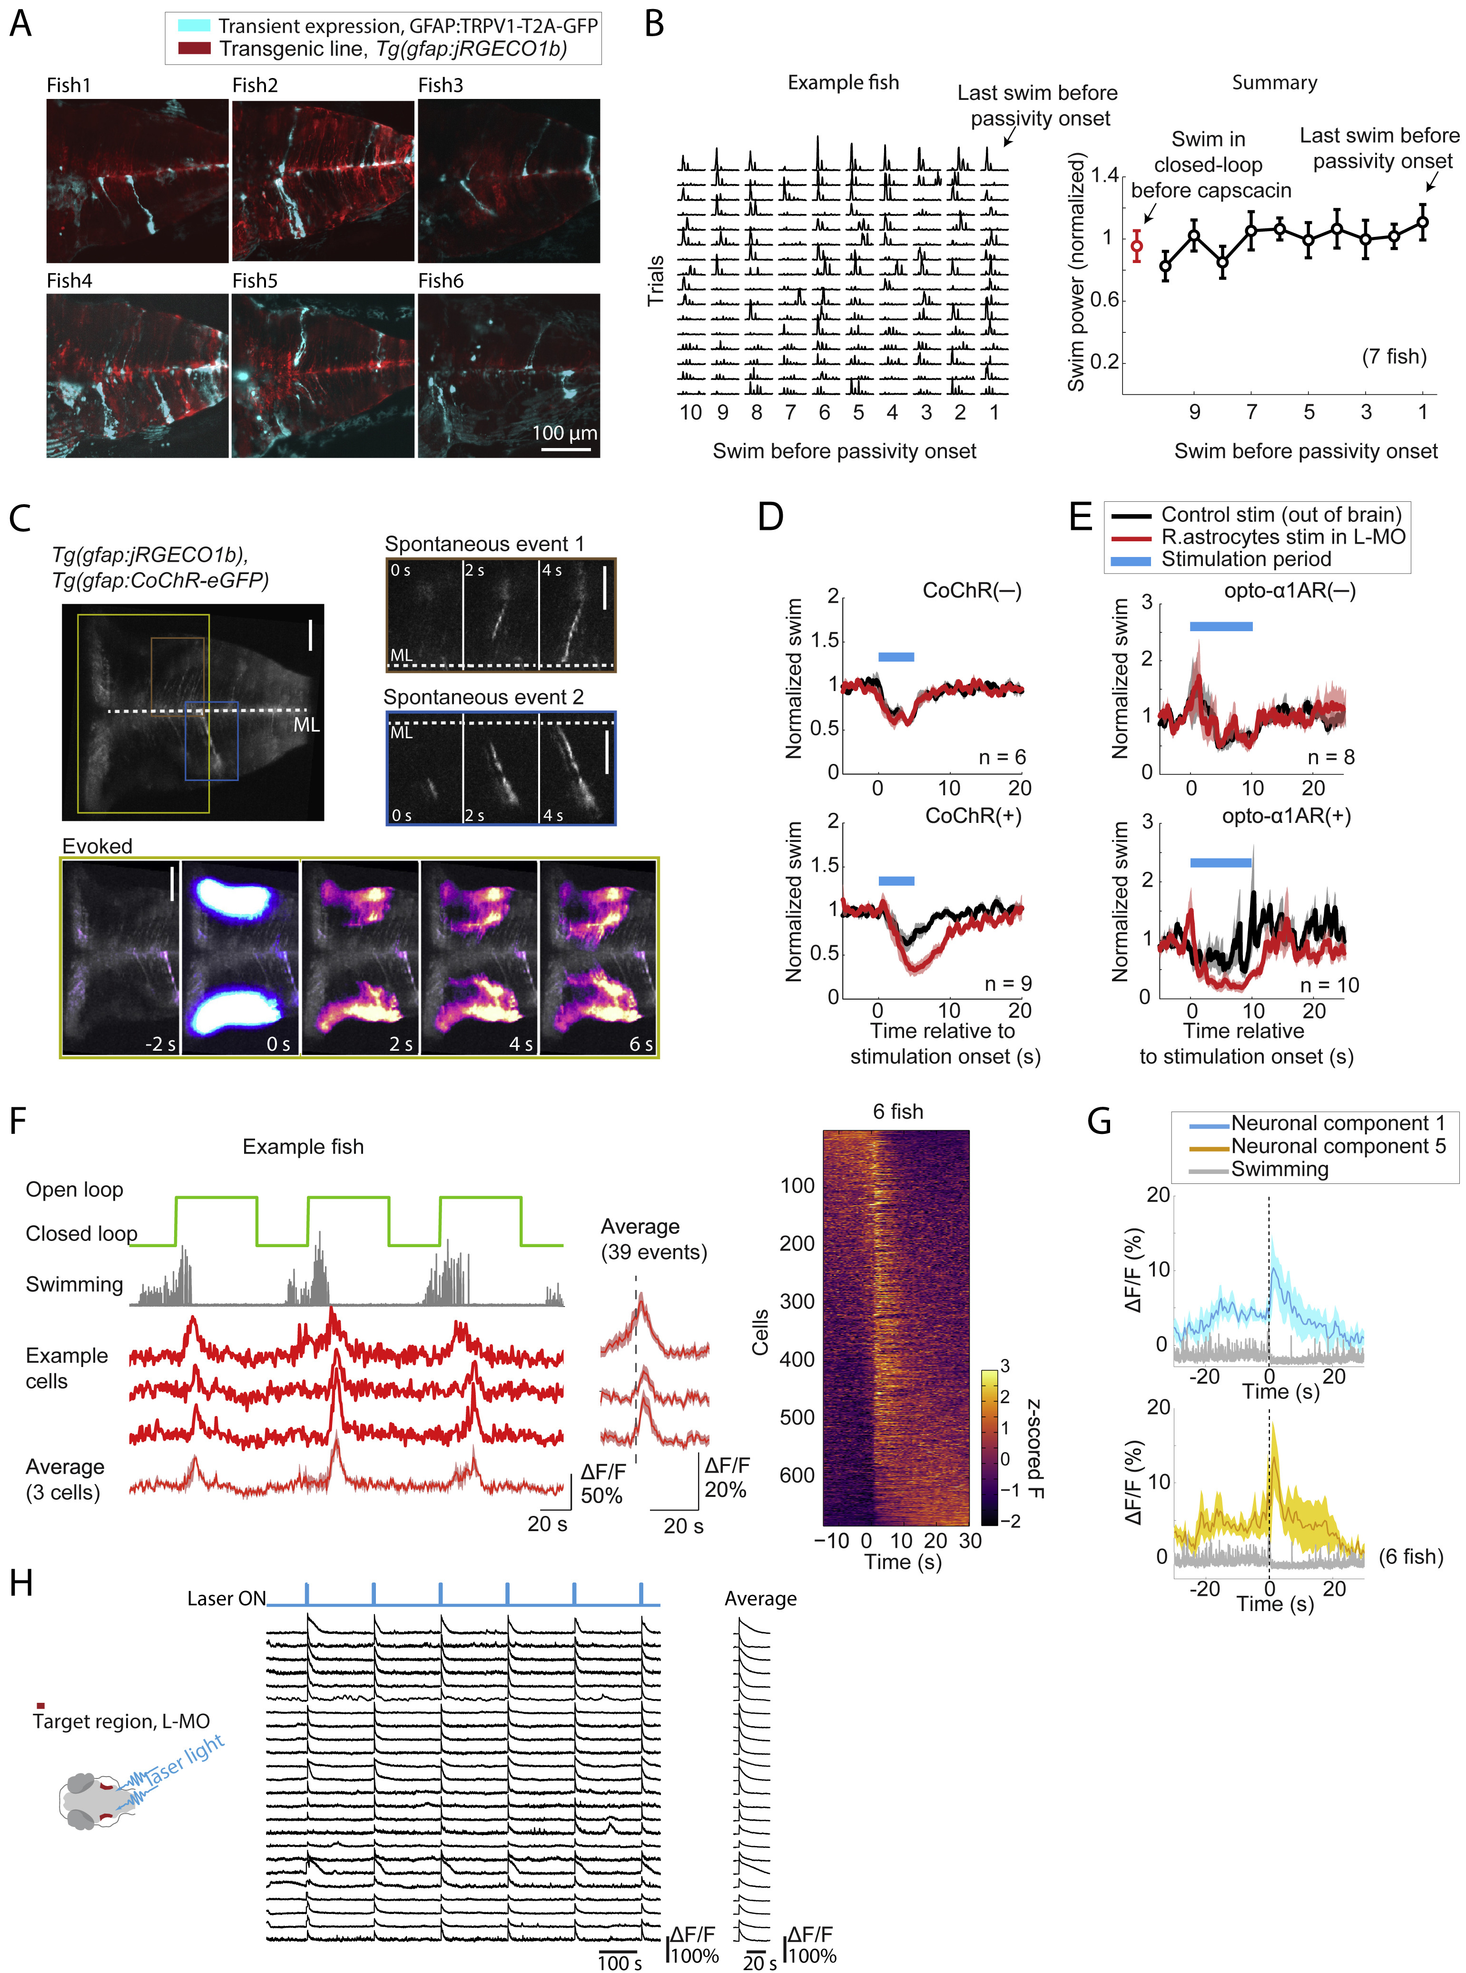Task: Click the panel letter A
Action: pos(20,24)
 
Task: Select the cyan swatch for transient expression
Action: pos(194,26)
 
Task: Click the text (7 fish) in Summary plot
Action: pos(1394,357)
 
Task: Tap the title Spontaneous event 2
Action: pos(483,697)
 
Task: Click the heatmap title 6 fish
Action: pos(897,1112)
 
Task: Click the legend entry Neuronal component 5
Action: pos(1338,1146)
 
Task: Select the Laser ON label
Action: pos(226,1599)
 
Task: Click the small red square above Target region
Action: pos(40,1705)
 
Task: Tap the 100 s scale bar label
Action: pos(620,1963)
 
